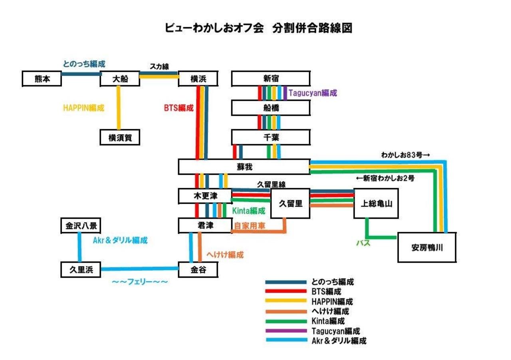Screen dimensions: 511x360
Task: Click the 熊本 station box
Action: coord(42,79)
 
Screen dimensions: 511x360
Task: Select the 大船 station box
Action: coord(120,79)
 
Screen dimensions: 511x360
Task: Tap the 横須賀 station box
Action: coord(120,137)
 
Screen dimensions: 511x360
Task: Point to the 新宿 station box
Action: coord(271,79)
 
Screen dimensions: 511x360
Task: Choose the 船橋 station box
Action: coord(271,108)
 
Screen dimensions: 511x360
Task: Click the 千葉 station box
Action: coord(271,137)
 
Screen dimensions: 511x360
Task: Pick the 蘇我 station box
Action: coord(244,167)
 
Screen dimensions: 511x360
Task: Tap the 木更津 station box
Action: coord(205,196)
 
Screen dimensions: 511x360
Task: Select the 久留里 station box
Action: coord(290,204)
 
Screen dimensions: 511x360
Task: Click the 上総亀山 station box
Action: coord(376,204)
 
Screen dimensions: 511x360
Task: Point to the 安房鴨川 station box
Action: coord(427,247)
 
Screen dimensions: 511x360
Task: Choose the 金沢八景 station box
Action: coord(81,225)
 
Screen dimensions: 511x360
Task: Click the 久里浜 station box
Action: coord(81,270)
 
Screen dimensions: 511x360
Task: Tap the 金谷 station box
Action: coord(198,270)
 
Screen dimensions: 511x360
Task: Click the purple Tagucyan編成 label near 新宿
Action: coord(313,93)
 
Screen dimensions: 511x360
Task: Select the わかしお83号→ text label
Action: coord(405,155)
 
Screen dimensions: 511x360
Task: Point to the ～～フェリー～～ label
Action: coord(140,282)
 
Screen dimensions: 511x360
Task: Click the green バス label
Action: coord(363,243)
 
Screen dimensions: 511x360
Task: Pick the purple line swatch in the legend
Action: coord(286,331)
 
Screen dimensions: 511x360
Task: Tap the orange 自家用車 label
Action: coord(250,226)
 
